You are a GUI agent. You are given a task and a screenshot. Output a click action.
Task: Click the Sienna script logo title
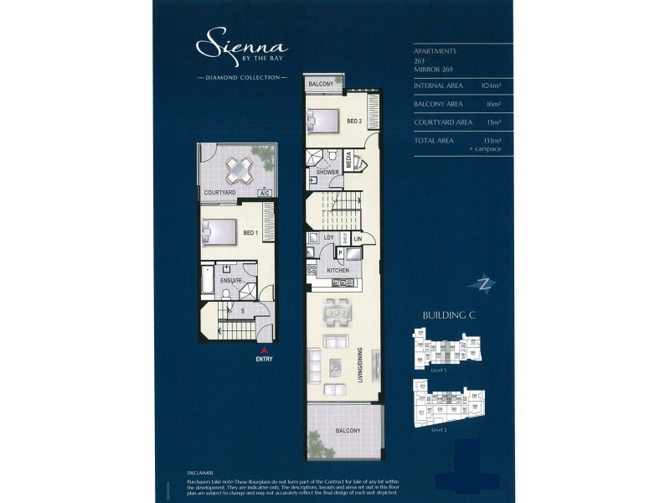point(241,44)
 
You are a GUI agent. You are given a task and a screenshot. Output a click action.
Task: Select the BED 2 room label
point(353,122)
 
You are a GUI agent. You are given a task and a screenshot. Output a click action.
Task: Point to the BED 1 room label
point(250,232)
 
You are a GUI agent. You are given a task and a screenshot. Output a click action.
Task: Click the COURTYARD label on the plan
point(219,193)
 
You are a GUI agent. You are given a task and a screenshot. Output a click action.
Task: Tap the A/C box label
point(265,193)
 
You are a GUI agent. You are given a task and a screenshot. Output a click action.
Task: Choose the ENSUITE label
point(231,279)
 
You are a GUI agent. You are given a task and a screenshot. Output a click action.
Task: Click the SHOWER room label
point(327,172)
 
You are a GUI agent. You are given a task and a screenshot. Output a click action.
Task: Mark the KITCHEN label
point(338,271)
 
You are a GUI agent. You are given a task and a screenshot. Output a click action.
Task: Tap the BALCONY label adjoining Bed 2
point(321,85)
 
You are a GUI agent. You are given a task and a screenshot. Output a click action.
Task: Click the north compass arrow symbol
point(482,283)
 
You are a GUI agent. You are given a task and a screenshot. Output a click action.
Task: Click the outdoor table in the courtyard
point(240,169)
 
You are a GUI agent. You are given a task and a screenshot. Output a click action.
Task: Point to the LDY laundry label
point(329,239)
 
